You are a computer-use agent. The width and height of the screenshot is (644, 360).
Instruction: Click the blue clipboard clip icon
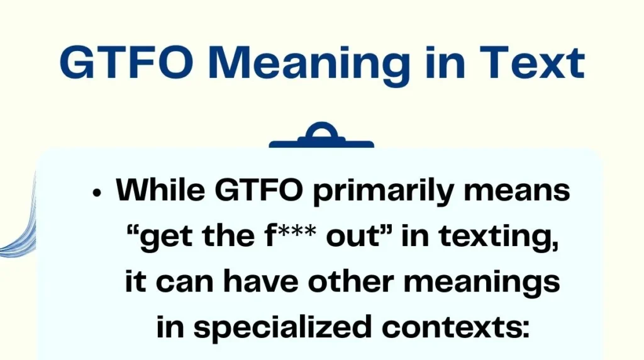(321, 137)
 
